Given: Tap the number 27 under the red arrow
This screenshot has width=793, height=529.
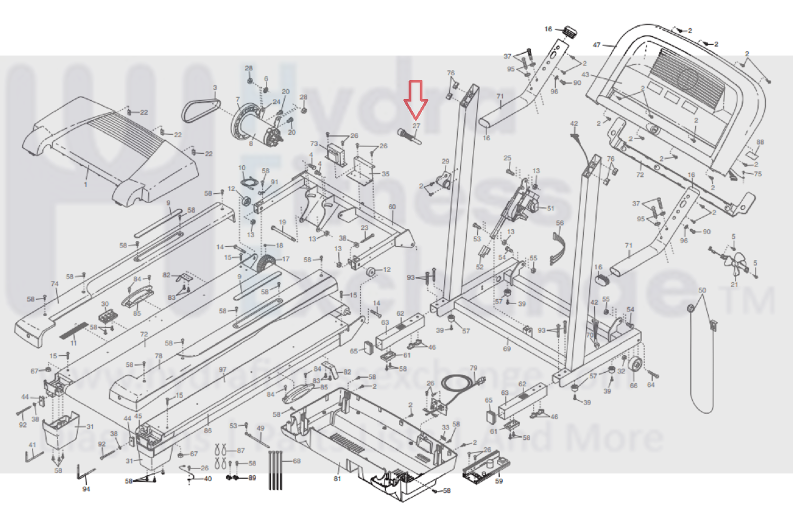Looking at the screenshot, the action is [416, 126].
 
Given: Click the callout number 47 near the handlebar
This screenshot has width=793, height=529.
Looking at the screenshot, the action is [596, 45].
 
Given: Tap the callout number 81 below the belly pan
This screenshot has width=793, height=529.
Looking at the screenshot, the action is [337, 479].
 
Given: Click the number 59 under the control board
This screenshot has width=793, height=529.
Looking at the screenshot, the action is [498, 481].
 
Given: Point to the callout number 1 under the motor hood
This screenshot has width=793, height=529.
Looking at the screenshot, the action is [86, 184].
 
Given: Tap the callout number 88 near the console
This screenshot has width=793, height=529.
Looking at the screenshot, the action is [760, 142].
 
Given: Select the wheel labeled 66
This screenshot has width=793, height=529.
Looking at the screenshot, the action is [634, 364].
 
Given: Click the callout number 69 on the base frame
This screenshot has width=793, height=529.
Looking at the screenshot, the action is [507, 348].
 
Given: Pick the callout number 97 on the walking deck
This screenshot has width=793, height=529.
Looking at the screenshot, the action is [222, 370].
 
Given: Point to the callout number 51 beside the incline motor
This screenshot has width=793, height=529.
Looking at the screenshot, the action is [550, 208].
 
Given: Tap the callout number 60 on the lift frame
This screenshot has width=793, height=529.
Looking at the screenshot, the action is [392, 207].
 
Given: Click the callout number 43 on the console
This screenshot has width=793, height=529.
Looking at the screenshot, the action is [585, 75].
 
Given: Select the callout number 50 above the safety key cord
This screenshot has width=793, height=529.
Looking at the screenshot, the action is [702, 290].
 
